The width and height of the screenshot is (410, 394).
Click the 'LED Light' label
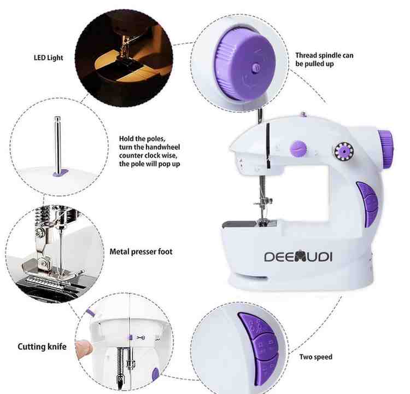pos(48,57)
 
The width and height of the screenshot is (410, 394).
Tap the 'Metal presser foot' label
pos(141,252)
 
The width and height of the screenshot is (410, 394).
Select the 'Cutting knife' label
pos(42,346)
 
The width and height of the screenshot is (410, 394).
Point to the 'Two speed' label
pos(315,357)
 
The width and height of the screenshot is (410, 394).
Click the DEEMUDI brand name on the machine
pos(298,257)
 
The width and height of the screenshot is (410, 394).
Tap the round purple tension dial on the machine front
pos(298,147)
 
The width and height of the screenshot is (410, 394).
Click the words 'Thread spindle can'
pos(324,55)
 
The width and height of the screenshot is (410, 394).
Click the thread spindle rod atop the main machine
pos(261,117)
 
